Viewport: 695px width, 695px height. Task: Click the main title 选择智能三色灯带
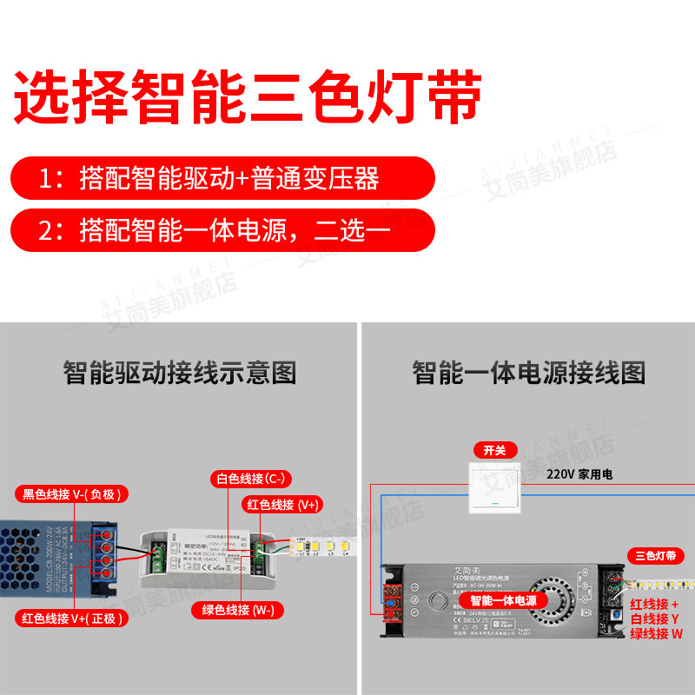(x=248, y=97)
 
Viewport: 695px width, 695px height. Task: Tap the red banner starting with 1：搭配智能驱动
(x=222, y=179)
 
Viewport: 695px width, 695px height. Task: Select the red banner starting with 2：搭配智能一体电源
(x=222, y=230)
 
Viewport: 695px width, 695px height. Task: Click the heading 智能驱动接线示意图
(x=180, y=374)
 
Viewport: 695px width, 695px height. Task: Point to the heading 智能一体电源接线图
(x=528, y=374)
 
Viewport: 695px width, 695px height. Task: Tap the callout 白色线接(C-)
(x=251, y=479)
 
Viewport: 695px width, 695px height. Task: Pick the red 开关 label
(x=494, y=450)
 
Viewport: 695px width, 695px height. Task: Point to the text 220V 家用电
(x=579, y=475)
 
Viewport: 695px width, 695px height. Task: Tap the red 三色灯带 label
(x=655, y=555)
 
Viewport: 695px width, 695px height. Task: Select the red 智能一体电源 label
(x=503, y=601)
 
